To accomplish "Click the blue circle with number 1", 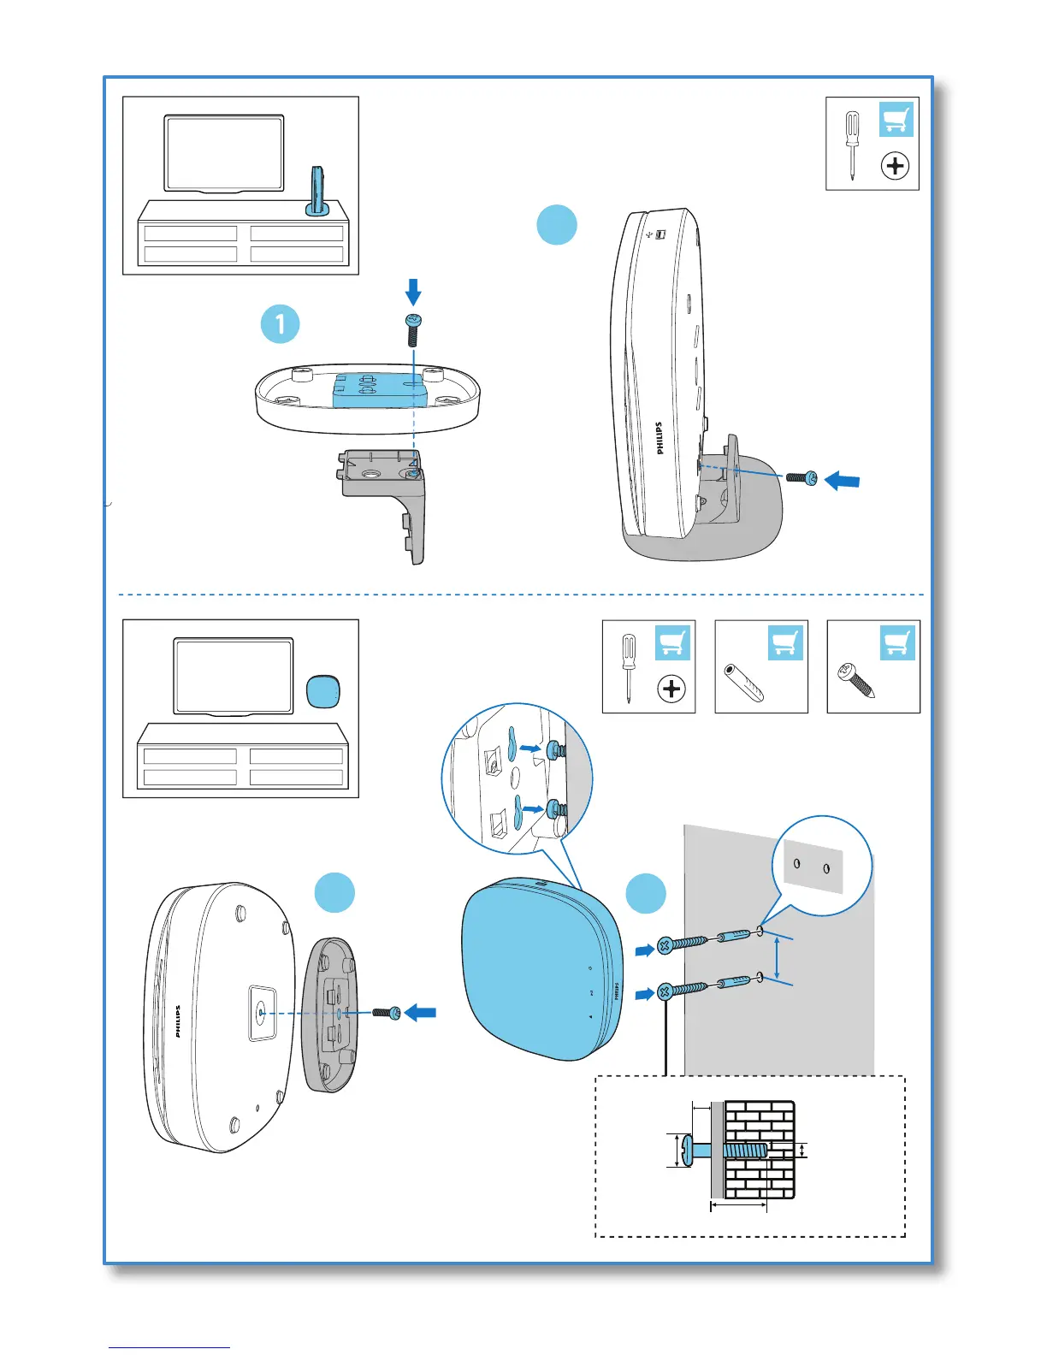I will pos(280,324).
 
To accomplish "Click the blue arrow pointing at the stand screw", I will pos(842,482).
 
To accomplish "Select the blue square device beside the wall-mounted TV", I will pos(323,691).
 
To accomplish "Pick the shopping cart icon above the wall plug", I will pos(785,643).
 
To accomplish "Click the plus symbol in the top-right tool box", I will pos(895,166).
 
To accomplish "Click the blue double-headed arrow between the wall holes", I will pos(777,958).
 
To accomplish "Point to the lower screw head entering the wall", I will pos(665,992).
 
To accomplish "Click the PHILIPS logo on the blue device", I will pos(616,992).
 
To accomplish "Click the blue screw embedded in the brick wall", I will pos(746,1151).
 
